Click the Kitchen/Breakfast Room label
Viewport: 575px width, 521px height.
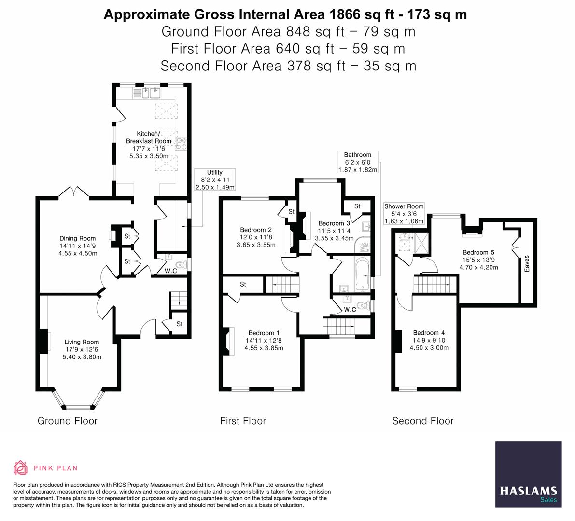[148, 137]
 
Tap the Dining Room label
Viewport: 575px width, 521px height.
[77, 238]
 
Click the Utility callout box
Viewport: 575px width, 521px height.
[214, 179]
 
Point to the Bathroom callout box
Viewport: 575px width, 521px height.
[357, 162]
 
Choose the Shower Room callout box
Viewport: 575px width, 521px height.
[404, 214]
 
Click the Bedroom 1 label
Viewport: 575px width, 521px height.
[264, 333]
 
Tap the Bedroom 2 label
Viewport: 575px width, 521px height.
[256, 230]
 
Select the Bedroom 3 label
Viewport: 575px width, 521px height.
[334, 223]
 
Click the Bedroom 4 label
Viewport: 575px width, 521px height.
[429, 333]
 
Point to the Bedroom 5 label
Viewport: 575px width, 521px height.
[478, 252]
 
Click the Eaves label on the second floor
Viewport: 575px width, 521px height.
[527, 263]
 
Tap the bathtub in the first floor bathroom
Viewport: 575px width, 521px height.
[362, 275]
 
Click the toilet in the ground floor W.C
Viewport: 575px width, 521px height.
[182, 264]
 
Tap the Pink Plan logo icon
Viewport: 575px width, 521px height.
[20, 467]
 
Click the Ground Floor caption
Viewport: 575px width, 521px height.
[68, 421]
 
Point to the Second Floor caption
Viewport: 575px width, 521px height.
[422, 421]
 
